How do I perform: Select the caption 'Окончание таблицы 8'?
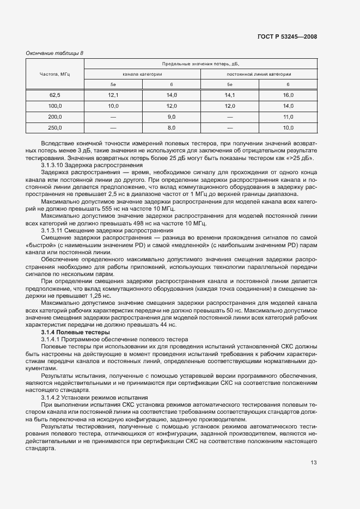(x=55, y=53)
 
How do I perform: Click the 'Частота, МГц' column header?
(x=55, y=73)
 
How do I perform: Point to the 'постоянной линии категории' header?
(x=259, y=73)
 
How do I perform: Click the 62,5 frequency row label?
(x=55, y=95)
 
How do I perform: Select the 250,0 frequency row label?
(x=55, y=127)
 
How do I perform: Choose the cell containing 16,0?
(x=288, y=95)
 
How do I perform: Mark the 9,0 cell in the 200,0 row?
(x=172, y=116)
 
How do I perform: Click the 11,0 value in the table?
(x=288, y=116)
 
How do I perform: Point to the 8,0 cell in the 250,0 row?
(x=172, y=127)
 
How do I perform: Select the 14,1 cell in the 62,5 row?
(x=230, y=95)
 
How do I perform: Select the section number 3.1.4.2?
(x=52, y=397)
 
